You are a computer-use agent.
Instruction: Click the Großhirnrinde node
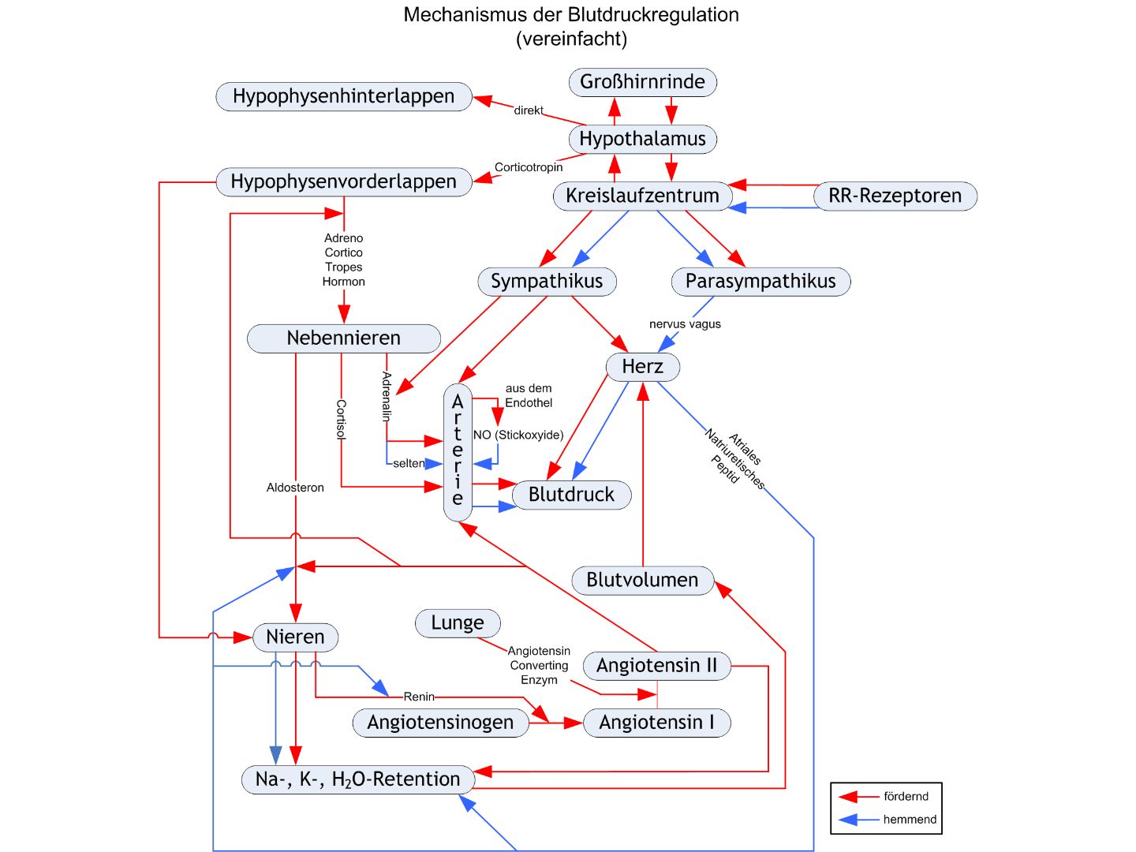click(642, 82)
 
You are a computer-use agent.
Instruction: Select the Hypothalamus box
click(642, 139)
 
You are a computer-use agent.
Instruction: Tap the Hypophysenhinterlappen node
click(343, 96)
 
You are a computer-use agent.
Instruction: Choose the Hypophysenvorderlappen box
click(343, 181)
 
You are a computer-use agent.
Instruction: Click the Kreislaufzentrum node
click(642, 196)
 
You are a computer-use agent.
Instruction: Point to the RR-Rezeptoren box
click(895, 196)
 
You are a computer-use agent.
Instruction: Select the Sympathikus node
click(547, 282)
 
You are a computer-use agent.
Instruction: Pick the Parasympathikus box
click(760, 282)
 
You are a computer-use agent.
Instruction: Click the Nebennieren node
click(343, 338)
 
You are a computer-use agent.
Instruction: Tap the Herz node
click(642, 367)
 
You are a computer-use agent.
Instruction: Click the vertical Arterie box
click(458, 452)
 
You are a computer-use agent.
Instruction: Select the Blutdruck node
click(571, 495)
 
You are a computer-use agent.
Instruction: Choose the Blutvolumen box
click(642, 580)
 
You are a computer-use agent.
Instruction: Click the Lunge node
click(458, 623)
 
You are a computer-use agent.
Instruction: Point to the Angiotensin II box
click(656, 666)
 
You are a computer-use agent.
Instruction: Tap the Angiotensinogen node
click(440, 723)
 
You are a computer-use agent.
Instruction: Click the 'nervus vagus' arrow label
click(685, 324)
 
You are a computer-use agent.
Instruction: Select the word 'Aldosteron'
click(295, 488)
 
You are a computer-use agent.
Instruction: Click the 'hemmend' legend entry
click(910, 820)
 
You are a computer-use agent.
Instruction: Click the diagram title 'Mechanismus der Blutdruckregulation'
click(571, 15)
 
